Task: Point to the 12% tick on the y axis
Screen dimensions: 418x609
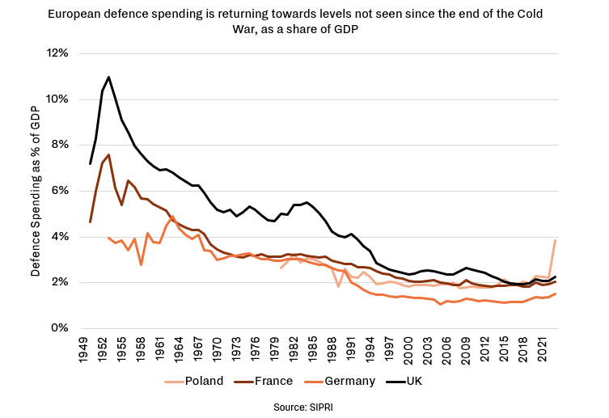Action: coord(57,53)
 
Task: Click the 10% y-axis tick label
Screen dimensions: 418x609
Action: coord(57,99)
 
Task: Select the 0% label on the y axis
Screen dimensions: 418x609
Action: coord(61,328)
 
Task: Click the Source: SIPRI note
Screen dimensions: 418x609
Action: coord(304,407)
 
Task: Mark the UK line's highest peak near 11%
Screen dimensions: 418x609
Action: coord(108,77)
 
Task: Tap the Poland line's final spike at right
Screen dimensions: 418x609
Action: coord(554,240)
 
